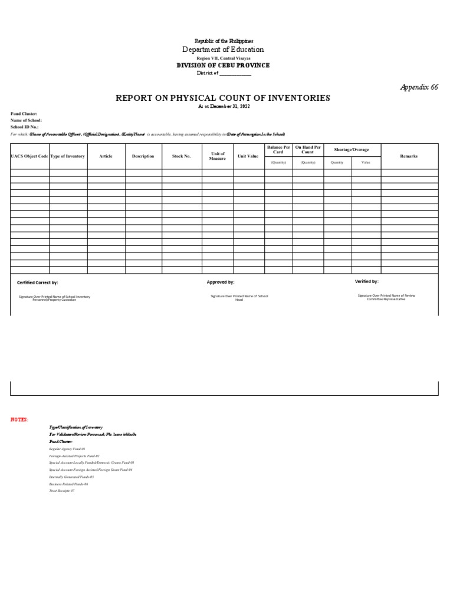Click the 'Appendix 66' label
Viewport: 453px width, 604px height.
point(419,87)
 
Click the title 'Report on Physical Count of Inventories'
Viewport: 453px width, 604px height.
point(223,98)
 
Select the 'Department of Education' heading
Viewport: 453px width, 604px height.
point(224,50)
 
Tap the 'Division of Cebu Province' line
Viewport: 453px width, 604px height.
point(224,65)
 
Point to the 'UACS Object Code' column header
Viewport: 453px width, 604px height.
point(29,156)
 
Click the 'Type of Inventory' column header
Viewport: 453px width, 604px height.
point(68,156)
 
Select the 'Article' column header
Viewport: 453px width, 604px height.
point(106,156)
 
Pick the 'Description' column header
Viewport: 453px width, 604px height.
point(143,156)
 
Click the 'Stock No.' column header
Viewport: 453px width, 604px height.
point(182,156)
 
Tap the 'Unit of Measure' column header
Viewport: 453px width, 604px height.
point(218,156)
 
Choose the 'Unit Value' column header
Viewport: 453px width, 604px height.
point(248,156)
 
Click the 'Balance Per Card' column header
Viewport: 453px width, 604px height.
point(278,149)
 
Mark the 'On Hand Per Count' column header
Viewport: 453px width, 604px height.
point(308,149)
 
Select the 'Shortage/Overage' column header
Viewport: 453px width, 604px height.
point(352,150)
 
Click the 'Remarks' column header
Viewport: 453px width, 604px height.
point(409,156)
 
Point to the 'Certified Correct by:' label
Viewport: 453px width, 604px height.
point(38,283)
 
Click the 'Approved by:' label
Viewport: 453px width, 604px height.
point(221,283)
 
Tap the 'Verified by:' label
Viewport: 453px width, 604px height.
point(367,282)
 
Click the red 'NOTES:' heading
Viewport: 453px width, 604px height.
point(19,419)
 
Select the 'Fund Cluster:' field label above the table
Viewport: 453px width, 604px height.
point(24,113)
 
